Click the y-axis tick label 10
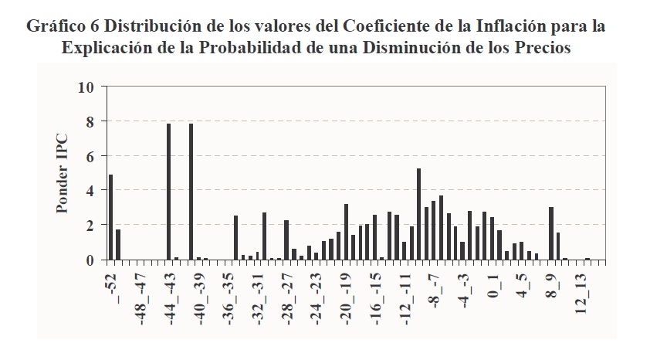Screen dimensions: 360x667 (86, 87)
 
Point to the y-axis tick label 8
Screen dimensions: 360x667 (90, 121)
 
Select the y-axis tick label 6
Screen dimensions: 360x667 (90, 156)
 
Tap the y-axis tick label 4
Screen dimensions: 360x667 (90, 190)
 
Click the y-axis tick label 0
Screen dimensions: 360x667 (90, 260)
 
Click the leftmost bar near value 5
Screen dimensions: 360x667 (110, 217)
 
